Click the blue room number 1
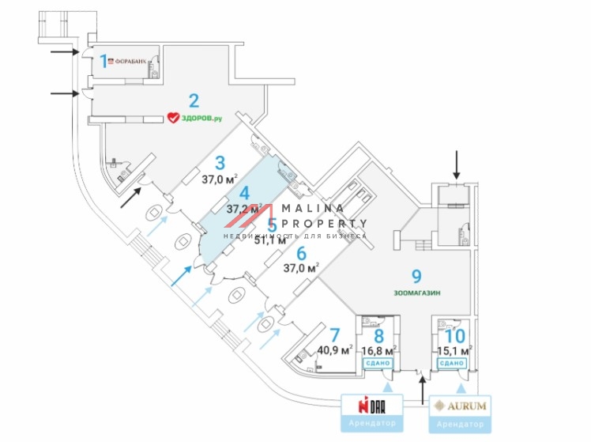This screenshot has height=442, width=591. pyautogui.click(x=103, y=60)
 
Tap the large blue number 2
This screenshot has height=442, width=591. pyautogui.click(x=193, y=100)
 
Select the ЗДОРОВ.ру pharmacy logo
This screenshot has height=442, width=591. pyautogui.click(x=194, y=118)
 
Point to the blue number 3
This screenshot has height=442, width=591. pyautogui.click(x=220, y=164)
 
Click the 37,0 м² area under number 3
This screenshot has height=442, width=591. pyautogui.click(x=220, y=180)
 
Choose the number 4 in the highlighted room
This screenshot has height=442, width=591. pyautogui.click(x=245, y=194)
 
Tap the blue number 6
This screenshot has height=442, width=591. pyautogui.click(x=301, y=253)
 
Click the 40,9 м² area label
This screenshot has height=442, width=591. pyautogui.click(x=335, y=350)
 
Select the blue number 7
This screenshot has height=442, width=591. pyautogui.click(x=335, y=334)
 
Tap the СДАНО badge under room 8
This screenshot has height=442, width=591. pyautogui.click(x=377, y=363)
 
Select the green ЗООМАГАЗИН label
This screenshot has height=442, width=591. pyautogui.click(x=416, y=293)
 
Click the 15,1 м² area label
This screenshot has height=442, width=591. pyautogui.click(x=455, y=350)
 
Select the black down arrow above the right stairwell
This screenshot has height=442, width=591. pyautogui.click(x=455, y=164)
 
